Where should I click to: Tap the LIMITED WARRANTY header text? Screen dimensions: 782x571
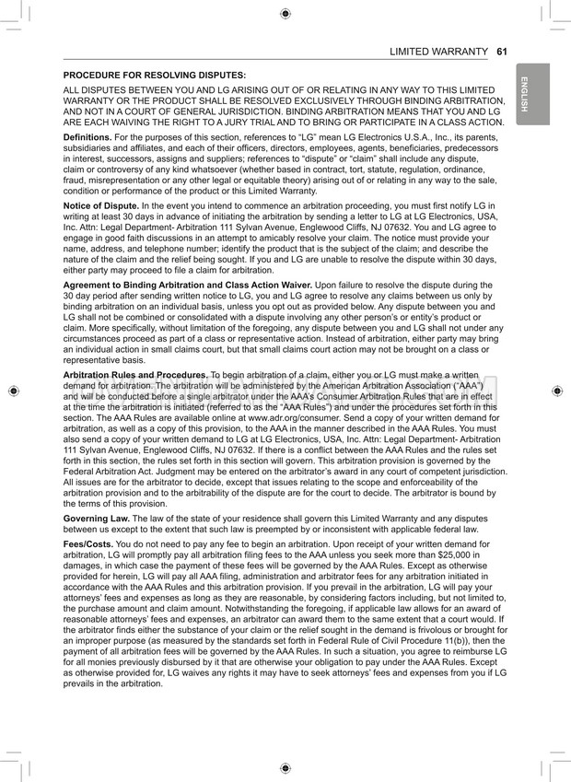[438, 52]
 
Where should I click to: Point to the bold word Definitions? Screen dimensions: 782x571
[87, 136]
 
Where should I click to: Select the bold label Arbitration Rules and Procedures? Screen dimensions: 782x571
[134, 376]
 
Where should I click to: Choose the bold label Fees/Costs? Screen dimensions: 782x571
[90, 544]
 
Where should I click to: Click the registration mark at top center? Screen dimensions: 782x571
[285, 13]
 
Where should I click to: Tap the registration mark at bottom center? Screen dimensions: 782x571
[285, 767]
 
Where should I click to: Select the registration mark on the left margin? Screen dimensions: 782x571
[13, 391]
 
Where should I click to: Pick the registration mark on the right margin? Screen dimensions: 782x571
[557, 391]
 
